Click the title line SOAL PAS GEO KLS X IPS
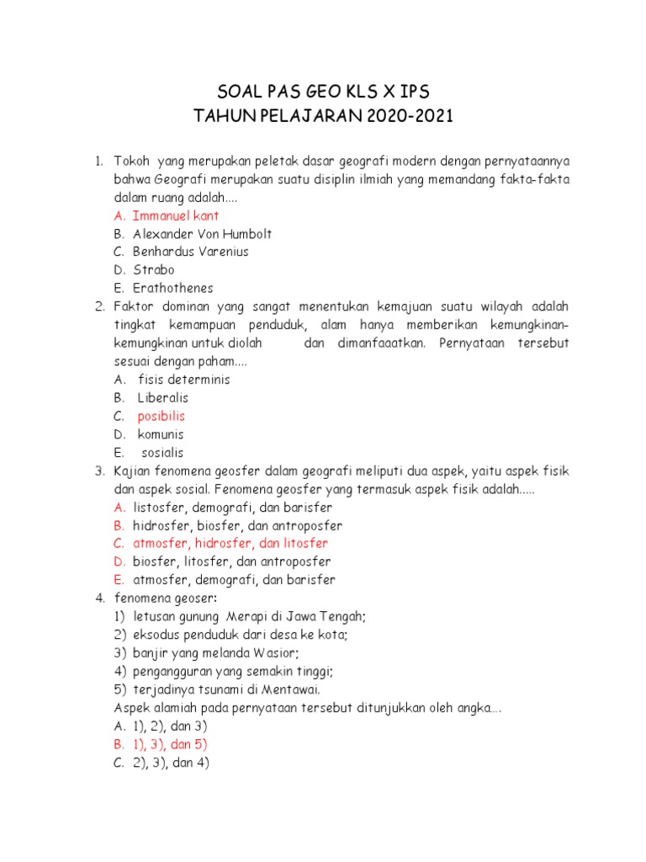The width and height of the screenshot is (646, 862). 323,91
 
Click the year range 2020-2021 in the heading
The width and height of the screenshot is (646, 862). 409,116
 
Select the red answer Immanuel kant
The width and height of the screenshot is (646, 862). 176,215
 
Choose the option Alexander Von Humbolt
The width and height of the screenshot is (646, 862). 202,234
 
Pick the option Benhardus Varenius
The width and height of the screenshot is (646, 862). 190,252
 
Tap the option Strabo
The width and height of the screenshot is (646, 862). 154,270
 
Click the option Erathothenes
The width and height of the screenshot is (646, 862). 173,288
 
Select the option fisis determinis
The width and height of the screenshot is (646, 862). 183,380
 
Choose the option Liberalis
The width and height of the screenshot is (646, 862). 163,397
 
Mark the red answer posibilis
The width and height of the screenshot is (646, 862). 161,416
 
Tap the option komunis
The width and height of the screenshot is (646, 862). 161,434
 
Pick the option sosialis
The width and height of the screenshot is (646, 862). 162,452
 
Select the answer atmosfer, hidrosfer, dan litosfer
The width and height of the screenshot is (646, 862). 230,544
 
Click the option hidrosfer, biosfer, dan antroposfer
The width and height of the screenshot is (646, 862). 237,525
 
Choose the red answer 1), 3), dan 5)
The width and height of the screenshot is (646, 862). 170,745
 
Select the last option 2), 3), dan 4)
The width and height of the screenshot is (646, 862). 171,764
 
